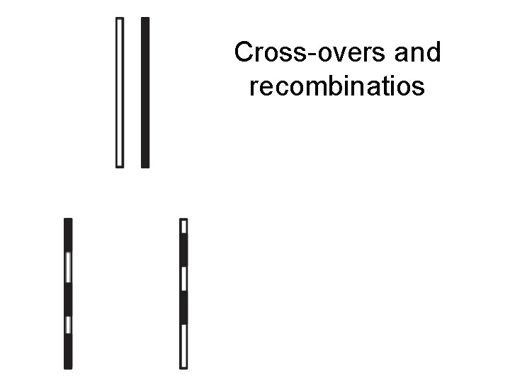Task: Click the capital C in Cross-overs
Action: (244, 52)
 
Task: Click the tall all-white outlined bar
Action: (120, 92)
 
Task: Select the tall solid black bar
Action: (145, 92)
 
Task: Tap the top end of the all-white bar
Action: (120, 21)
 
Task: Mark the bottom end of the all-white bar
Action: (120, 165)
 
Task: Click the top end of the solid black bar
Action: (145, 21)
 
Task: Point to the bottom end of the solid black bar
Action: (145, 165)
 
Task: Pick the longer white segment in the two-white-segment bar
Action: (69, 267)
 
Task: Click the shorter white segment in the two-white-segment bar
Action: (69, 325)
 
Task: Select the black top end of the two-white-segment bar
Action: (69, 233)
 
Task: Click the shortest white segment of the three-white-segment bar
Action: (184, 226)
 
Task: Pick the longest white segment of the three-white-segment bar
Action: (184, 347)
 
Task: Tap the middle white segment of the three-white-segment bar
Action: (184, 279)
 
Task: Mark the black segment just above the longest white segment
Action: (184, 308)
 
